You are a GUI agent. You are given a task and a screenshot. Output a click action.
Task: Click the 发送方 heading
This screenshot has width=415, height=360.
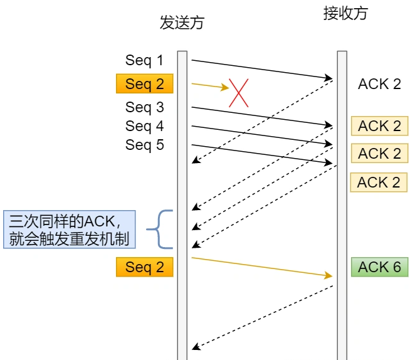coord(182,24)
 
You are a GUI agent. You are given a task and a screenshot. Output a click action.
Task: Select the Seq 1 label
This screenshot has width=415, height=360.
coord(144,60)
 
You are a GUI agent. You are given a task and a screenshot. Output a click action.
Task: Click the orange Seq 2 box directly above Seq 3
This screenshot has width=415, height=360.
coord(144,84)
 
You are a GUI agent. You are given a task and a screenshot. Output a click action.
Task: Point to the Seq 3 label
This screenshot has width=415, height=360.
coord(144,107)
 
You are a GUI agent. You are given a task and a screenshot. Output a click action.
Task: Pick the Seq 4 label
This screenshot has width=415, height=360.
coord(144,126)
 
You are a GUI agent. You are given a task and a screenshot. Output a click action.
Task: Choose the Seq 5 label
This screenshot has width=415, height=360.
coord(144,145)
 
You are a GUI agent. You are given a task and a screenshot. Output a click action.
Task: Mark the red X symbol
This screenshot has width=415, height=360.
coord(239,92)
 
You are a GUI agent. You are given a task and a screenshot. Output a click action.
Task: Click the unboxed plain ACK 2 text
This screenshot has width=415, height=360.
coord(379,84)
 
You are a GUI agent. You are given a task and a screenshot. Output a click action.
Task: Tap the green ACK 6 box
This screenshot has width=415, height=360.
coord(379,267)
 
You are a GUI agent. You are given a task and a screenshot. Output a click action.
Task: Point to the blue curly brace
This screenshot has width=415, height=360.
coord(162,229)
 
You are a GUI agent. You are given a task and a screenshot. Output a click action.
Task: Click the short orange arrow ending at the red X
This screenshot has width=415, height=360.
coord(210,85)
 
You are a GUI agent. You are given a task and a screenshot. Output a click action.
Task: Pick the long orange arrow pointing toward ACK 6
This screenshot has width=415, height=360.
coord(261,267)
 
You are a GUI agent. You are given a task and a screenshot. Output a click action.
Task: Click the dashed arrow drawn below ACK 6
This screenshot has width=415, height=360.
coord(263,317)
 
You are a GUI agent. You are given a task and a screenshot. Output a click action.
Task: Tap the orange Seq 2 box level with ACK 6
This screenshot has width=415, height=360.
coord(144,267)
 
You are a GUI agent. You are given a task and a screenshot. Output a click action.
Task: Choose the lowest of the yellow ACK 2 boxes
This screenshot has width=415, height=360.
coord(379,183)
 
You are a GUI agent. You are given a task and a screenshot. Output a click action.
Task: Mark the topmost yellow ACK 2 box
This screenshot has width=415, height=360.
coord(379,126)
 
